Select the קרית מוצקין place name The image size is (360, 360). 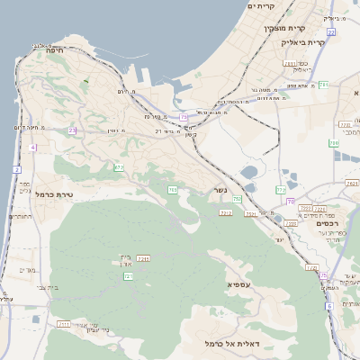(255, 30)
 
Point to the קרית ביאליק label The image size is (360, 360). (303, 42)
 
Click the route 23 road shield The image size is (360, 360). (73, 131)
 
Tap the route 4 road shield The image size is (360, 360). (32, 147)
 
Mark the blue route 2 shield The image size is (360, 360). (16, 169)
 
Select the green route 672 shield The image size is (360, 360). (119, 167)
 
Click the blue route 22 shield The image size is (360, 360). (331, 32)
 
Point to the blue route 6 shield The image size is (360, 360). (329, 306)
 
